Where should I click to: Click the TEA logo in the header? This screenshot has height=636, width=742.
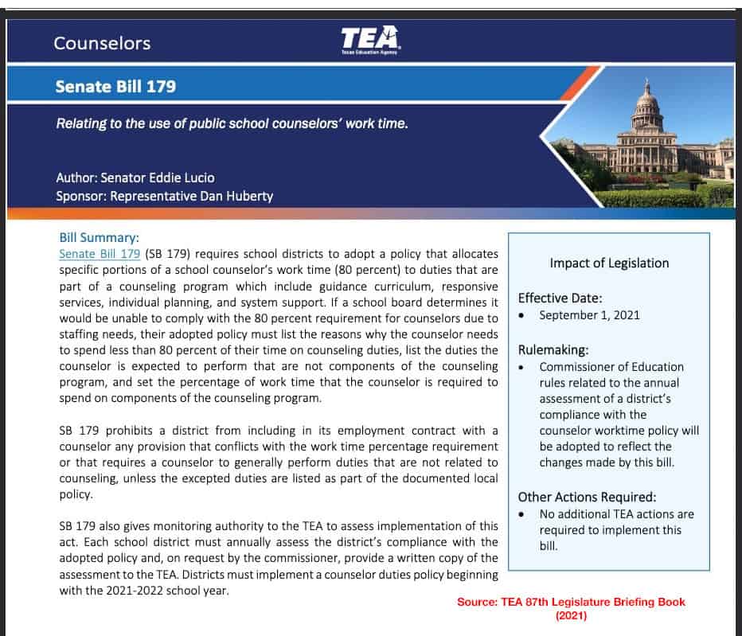coord(370,39)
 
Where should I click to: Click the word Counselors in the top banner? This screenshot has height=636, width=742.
coord(102,43)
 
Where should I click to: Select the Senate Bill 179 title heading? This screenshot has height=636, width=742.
coord(115,86)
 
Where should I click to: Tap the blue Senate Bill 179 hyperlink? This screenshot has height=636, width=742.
coord(100,254)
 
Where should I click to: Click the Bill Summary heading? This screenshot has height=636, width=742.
coord(100,237)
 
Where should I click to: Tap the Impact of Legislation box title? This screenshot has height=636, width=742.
coord(609,263)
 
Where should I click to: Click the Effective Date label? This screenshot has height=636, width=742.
coord(560,298)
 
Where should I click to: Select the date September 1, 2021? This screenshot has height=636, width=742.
coord(589,315)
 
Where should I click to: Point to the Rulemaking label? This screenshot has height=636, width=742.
coord(554,349)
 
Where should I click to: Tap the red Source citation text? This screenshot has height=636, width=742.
coord(571,608)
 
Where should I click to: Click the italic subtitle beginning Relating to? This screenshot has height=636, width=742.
coord(232,124)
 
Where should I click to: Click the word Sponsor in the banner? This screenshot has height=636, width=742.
coord(81,196)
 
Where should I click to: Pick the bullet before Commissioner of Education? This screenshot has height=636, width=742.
coord(521,367)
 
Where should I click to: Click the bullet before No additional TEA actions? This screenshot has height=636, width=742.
coord(521,514)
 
